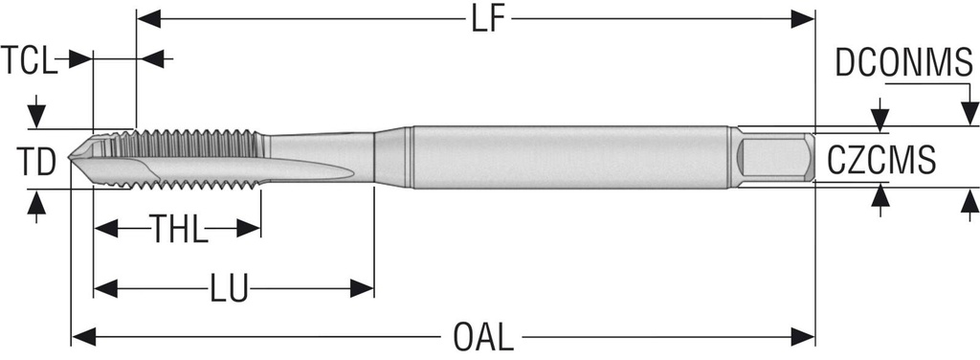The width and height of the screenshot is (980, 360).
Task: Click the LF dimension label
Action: click(487, 19)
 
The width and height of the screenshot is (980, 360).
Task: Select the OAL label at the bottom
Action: click(482, 337)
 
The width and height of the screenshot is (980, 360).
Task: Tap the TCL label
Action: click(29, 60)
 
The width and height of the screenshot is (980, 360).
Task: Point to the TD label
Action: click(35, 161)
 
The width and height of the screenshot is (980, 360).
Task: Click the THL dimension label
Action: click(177, 229)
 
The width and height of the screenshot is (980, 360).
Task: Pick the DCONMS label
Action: click(904, 63)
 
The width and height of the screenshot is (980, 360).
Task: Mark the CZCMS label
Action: click(881, 160)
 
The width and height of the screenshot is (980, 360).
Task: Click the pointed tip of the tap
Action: click(69, 154)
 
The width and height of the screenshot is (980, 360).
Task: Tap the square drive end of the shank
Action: click(775, 157)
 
